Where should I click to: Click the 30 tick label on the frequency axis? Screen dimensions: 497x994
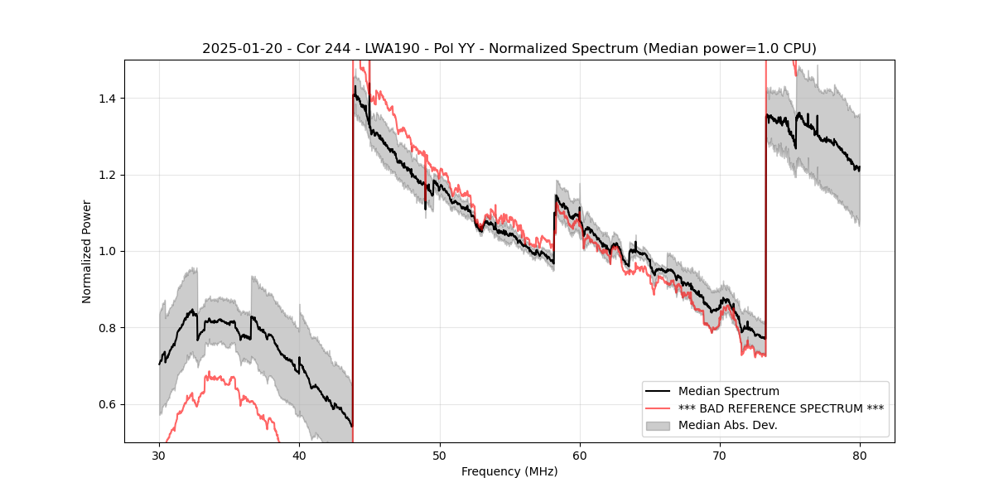[x=159, y=456]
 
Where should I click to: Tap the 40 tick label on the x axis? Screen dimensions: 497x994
[x=299, y=456]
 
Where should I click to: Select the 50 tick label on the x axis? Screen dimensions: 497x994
[x=440, y=456]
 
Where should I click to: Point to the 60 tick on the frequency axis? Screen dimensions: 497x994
[x=580, y=456]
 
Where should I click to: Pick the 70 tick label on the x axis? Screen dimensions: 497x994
[x=720, y=456]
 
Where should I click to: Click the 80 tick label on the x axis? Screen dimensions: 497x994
[x=860, y=456]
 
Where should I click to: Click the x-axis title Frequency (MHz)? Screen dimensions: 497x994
[x=509, y=471]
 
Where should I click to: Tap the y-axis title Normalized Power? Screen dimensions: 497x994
[x=86, y=251]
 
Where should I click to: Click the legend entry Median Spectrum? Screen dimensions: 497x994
[x=728, y=391]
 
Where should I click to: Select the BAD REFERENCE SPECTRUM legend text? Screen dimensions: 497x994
[x=780, y=408]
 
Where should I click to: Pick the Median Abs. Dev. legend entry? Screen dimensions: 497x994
[x=729, y=426]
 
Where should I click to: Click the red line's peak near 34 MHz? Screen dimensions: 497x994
[x=209, y=374]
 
